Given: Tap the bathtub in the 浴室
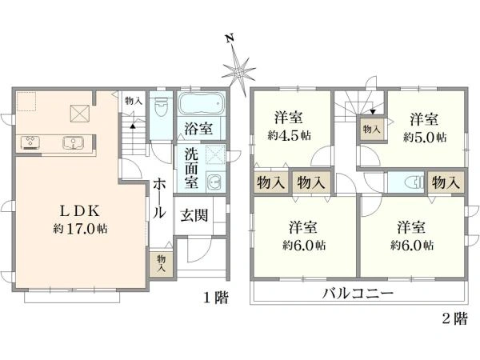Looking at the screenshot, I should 201,104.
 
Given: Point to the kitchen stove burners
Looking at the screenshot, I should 31,143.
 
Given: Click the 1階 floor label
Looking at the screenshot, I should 215,298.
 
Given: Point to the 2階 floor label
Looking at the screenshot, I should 454,319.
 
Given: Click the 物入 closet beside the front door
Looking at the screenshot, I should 161,263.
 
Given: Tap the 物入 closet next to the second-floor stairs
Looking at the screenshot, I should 371,128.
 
